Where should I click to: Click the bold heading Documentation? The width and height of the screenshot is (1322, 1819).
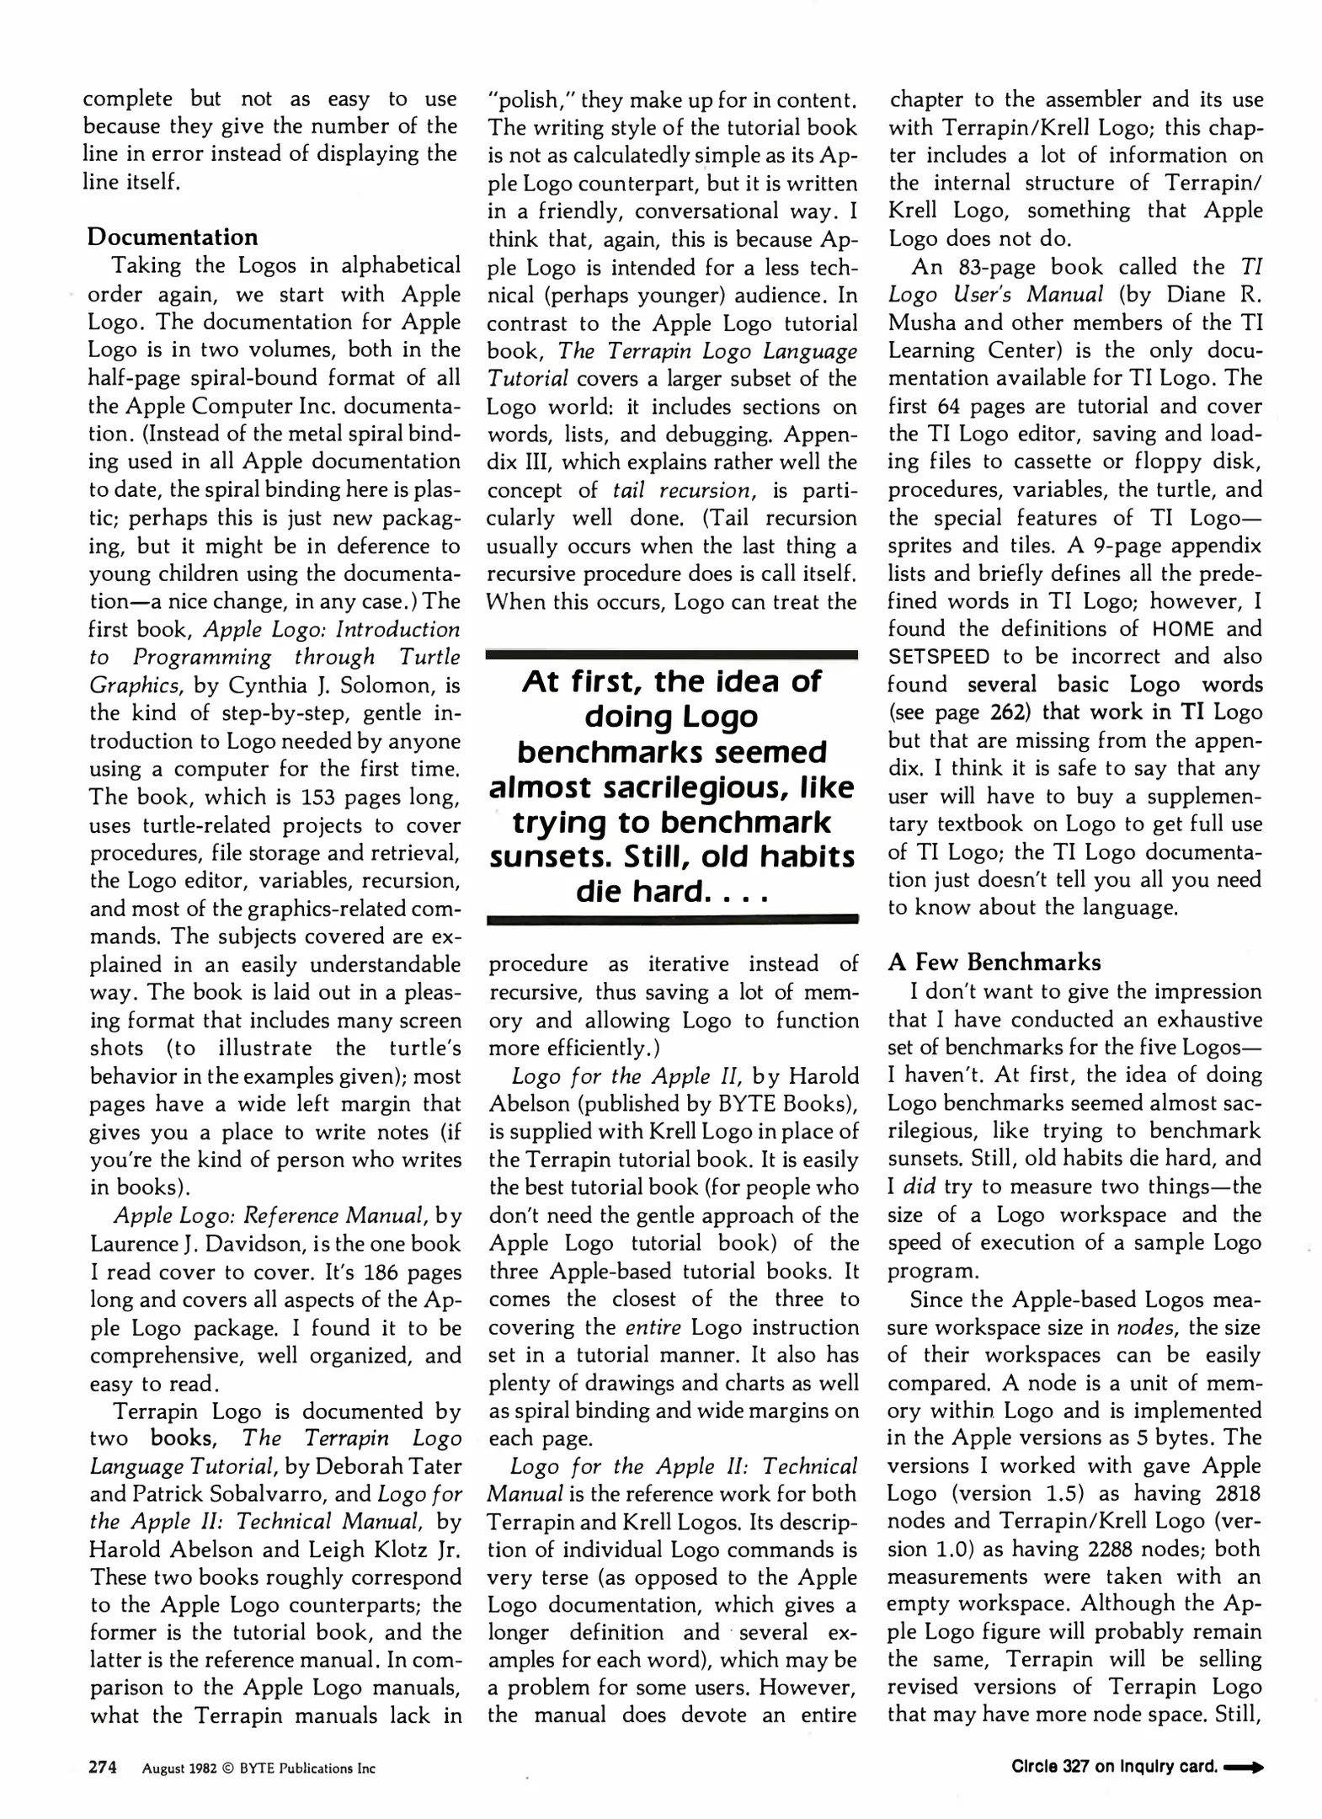pyautogui.click(x=172, y=237)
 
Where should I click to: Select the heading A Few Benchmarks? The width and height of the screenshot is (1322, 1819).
pyautogui.click(x=994, y=962)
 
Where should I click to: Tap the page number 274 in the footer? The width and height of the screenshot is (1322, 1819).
pyautogui.click(x=103, y=1767)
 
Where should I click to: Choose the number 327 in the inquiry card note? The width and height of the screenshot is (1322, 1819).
pyautogui.click(x=1076, y=1767)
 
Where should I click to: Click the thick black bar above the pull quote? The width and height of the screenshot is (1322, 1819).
pyautogui.click(x=672, y=653)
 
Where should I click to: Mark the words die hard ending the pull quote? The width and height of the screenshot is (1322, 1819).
pyautogui.click(x=640, y=891)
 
